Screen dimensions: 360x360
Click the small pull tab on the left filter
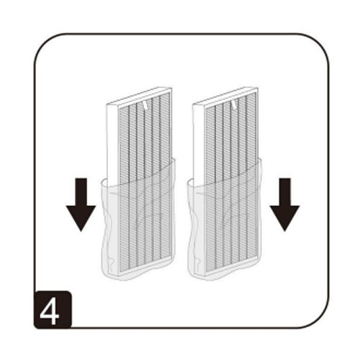(x=146, y=103)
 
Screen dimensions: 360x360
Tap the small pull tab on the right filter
(x=234, y=103)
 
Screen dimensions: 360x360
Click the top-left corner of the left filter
(x=106, y=103)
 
